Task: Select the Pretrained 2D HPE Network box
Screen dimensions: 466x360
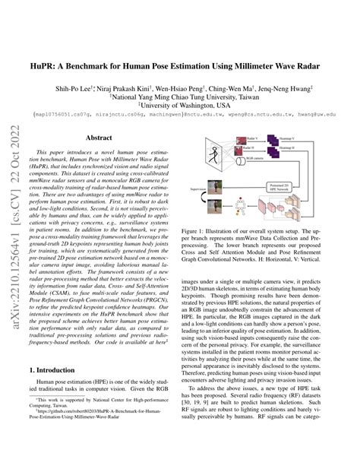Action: pyautogui.click(x=279, y=188)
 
